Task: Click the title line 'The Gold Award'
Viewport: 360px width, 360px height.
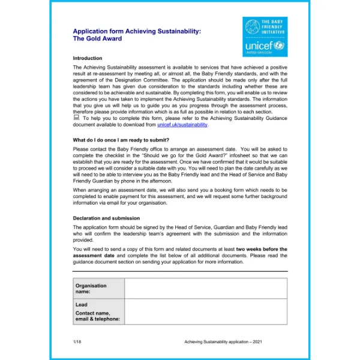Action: (97, 38)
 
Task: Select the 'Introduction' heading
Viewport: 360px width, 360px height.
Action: (88, 58)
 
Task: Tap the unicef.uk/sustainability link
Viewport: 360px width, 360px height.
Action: (182, 125)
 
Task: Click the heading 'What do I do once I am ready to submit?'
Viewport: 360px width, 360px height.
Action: (128, 140)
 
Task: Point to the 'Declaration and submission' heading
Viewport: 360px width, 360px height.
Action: (106, 218)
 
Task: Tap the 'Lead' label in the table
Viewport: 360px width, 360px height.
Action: (82, 305)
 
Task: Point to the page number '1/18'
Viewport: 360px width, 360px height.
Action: (77, 342)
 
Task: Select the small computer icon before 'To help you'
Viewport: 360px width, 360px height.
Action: (76, 118)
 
